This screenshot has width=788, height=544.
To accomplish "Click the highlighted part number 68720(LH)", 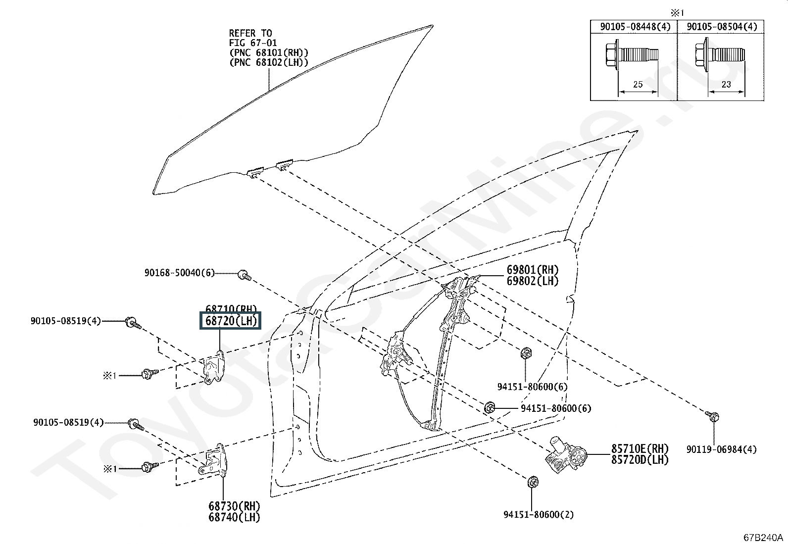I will (x=230, y=321).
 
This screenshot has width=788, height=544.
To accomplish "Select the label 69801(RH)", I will (x=532, y=270).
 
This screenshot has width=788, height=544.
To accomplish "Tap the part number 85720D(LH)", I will (x=640, y=460).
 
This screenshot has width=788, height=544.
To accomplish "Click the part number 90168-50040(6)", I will (x=180, y=273).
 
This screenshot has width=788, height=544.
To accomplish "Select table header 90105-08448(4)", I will (x=635, y=27).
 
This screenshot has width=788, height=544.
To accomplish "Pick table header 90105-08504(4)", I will (x=722, y=27).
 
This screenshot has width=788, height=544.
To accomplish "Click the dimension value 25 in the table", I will (x=638, y=84).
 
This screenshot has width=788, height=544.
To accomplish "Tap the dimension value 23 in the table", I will (x=726, y=84).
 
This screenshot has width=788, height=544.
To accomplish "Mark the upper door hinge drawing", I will (x=214, y=367).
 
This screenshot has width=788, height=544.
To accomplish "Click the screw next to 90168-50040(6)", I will (x=244, y=275).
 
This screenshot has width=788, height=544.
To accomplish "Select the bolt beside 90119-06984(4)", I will (x=713, y=416).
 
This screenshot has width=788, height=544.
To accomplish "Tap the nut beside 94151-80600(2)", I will (x=533, y=481).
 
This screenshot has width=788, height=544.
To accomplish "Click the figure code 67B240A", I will (x=763, y=538).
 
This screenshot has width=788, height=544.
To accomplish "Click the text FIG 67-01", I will (x=252, y=43).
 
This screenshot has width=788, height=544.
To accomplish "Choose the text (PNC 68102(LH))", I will (x=269, y=62).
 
